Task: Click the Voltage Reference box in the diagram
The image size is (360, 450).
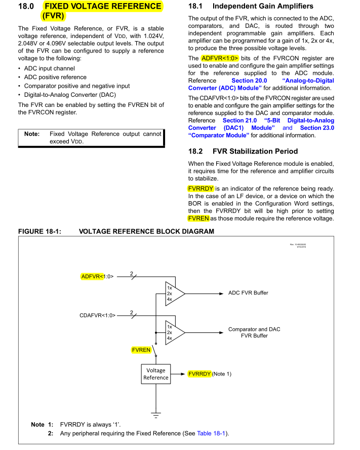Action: tap(155, 374)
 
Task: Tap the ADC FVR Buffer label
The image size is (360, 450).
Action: tap(248, 293)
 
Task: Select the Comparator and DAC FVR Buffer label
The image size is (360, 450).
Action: tap(254, 332)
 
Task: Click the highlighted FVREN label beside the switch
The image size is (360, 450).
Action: tap(141, 350)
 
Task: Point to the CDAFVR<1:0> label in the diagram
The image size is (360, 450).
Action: tap(97, 315)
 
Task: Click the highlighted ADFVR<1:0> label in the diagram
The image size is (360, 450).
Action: tap(97, 277)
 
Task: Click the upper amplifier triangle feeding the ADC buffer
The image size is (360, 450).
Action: tap(174, 293)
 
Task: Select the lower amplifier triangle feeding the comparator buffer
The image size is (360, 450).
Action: tap(174, 332)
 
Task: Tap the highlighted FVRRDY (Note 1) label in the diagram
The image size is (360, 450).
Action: tap(209, 374)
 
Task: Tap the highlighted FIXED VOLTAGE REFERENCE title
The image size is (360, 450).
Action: tap(103, 7)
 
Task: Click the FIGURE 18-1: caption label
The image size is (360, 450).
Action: tap(39, 232)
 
